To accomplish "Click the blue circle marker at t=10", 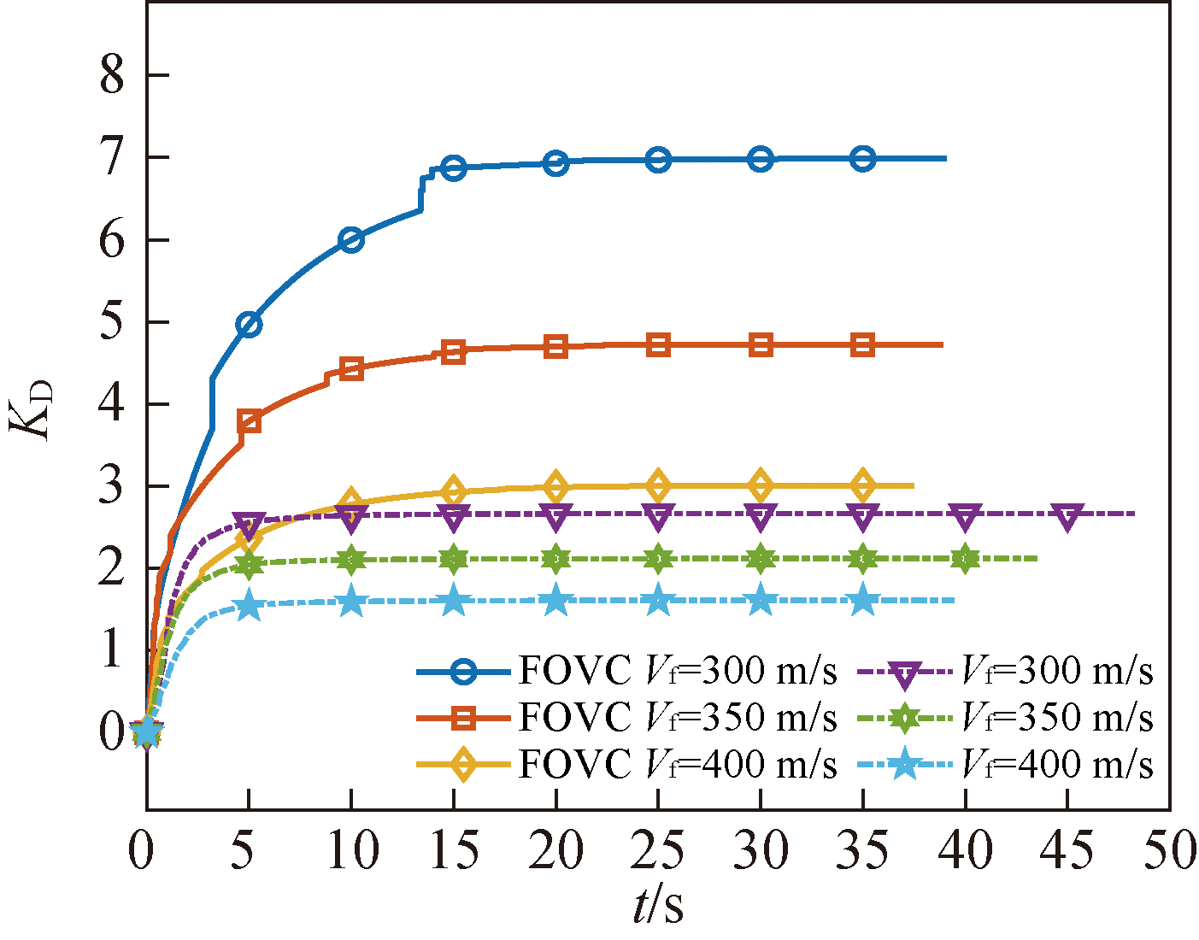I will coord(351,240).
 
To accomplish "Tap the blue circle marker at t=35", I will coord(863,159).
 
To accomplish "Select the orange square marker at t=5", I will coord(249,421).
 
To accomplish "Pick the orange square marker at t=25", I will coord(658,345).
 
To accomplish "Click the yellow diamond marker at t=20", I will coord(555,487).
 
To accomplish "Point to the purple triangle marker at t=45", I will coord(1067,516).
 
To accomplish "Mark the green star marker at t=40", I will coord(965,559).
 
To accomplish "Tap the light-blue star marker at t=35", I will coord(863,601).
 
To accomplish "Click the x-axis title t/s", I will coord(658,906).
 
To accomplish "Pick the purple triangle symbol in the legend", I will coord(904,673).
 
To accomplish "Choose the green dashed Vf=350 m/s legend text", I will coord(1057,718).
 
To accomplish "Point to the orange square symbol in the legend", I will coord(463,718).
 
